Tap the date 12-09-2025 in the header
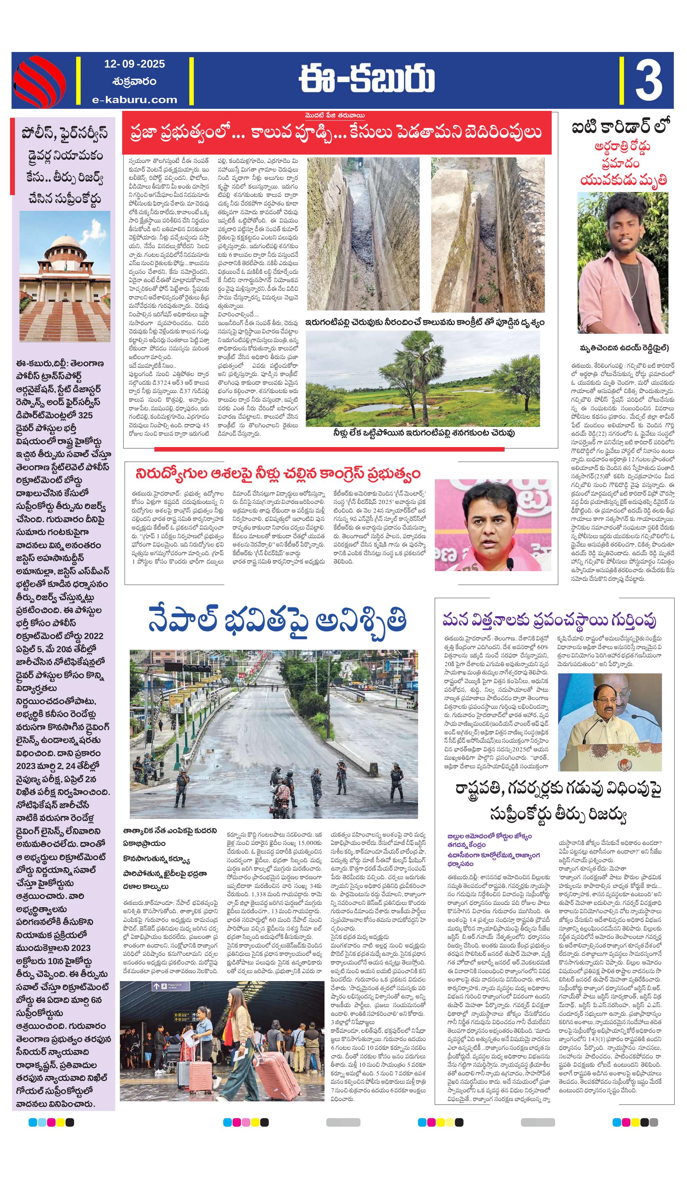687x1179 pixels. [135, 64]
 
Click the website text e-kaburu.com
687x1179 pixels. [135, 99]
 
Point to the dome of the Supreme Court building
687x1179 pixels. [65, 246]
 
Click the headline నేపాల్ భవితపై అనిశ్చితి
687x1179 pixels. [277, 620]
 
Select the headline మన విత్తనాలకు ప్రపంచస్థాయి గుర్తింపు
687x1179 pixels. [550, 620]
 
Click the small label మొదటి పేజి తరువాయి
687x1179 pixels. [333, 115]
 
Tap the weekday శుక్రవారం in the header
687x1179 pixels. [135, 81]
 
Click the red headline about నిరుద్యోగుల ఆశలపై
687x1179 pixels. [278, 473]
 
